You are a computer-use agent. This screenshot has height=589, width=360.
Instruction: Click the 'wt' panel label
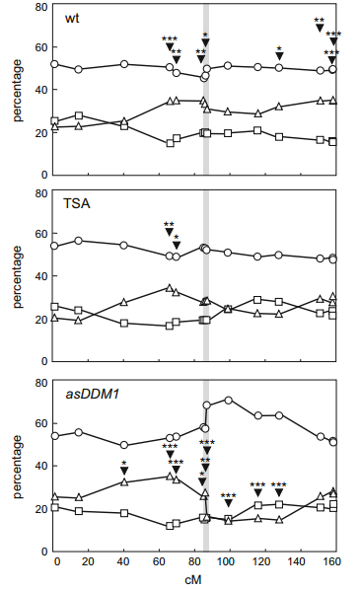coord(72,19)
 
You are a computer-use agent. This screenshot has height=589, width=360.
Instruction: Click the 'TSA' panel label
coord(77,203)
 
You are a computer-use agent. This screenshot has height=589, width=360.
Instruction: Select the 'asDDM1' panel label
coord(93,394)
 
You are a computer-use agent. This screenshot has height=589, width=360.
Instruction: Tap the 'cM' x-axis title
coord(193,579)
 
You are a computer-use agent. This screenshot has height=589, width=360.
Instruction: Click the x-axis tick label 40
coord(123,561)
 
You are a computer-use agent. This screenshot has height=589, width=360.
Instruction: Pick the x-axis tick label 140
coord(297,561)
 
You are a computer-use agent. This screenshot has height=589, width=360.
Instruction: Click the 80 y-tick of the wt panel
coord(42,7)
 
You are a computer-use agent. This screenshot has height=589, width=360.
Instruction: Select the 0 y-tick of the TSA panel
coord(44,361)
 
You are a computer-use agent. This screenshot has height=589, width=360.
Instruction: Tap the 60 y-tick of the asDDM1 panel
coord(42,423)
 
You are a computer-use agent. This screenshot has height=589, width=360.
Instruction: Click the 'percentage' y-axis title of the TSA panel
coord(18,277)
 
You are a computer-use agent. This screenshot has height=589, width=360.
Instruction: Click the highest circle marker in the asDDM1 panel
coord(228,400)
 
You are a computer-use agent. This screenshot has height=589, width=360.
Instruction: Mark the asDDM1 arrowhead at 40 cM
coord(124,471)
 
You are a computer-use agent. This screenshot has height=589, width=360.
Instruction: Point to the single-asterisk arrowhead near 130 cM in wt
coord(279,56)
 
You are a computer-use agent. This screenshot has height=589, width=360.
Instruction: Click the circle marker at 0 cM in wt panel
coord(54,64)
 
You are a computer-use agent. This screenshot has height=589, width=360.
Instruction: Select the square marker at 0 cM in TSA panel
coord(54,307)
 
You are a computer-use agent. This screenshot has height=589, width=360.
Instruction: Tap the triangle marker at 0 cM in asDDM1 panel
coord(55,496)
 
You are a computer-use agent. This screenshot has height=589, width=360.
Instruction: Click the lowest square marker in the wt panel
coord(170,143)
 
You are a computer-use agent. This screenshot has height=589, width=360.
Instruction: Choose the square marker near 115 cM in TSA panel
coord(257,300)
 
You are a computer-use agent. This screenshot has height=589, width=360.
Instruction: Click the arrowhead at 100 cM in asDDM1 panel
coord(228,504)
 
